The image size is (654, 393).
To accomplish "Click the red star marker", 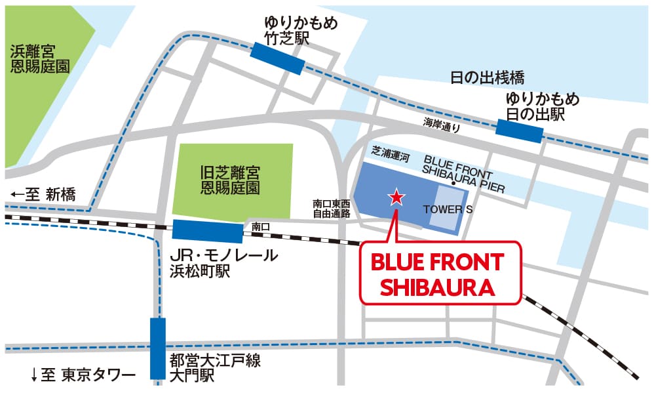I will pos(396,197).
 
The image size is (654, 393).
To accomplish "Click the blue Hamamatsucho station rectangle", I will pos(208,231).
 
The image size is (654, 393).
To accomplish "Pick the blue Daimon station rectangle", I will pos(158,348).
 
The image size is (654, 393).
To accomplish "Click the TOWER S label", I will pos(448,209).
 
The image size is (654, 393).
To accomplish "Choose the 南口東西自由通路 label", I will pos(331,209).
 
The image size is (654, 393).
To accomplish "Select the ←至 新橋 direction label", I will pos(44,194).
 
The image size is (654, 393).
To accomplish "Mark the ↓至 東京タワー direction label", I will pos(83,375).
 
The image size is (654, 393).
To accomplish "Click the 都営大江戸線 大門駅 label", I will pos(210,367).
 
